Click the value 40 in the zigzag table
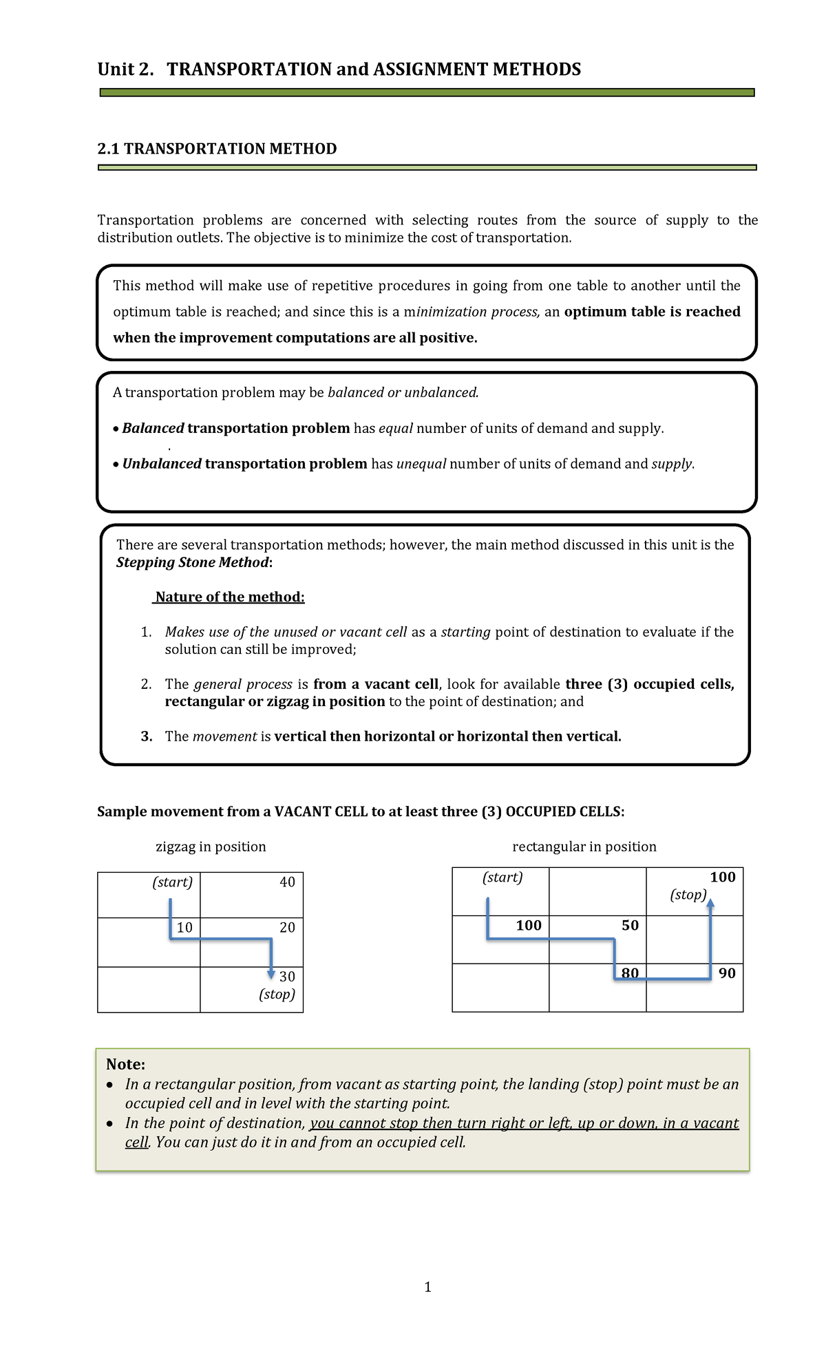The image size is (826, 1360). (x=287, y=882)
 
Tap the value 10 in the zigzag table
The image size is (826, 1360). (x=184, y=928)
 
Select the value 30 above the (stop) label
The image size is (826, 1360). (x=287, y=977)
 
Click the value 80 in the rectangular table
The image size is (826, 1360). (x=630, y=973)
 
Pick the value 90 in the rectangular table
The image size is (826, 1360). (x=727, y=973)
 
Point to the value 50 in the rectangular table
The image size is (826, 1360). (x=630, y=926)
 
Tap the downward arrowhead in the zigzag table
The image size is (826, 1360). (x=271, y=973)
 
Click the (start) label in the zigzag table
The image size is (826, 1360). (x=172, y=882)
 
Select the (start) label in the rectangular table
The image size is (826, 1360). (x=502, y=878)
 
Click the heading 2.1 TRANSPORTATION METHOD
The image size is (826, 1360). (x=217, y=149)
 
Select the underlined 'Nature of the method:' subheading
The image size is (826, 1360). (x=229, y=597)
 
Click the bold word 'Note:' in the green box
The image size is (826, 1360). (x=125, y=1065)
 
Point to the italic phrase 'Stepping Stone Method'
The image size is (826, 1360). (x=192, y=562)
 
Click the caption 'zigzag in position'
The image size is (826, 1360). (x=211, y=847)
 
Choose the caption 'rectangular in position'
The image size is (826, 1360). (x=584, y=847)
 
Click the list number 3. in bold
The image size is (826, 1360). (x=146, y=736)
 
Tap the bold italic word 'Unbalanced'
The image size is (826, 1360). (x=162, y=464)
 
